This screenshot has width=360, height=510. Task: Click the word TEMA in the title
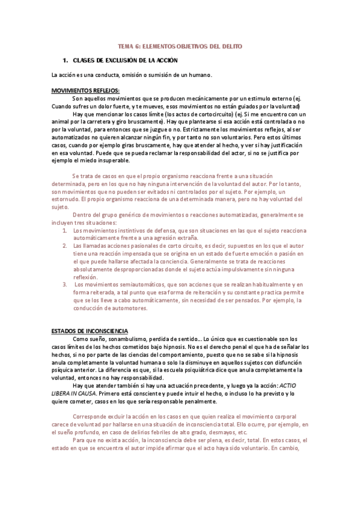(126, 46)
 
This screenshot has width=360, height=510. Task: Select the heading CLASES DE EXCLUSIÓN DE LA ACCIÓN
(125, 61)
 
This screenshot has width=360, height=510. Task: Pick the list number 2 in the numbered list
(65, 246)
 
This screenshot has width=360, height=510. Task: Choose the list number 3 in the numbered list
(65, 284)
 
